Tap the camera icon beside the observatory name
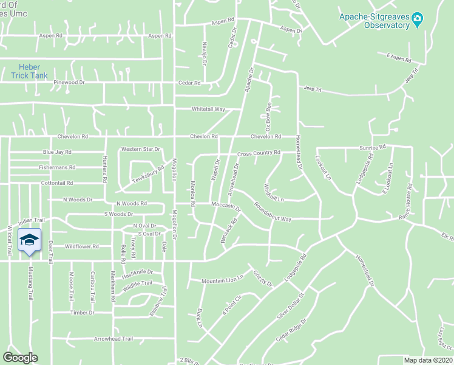pyautogui.click(x=417, y=21)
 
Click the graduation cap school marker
pyautogui.click(x=29, y=242)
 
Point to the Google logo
pyautogui.click(x=20, y=358)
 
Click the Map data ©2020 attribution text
pyautogui.click(x=429, y=360)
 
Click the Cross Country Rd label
pyautogui.click(x=259, y=153)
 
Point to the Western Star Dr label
pyautogui.click(x=140, y=149)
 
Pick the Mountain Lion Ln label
pyautogui.click(x=222, y=278)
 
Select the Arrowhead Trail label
pyautogui.click(x=113, y=339)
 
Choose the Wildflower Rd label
pyautogui.click(x=81, y=246)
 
